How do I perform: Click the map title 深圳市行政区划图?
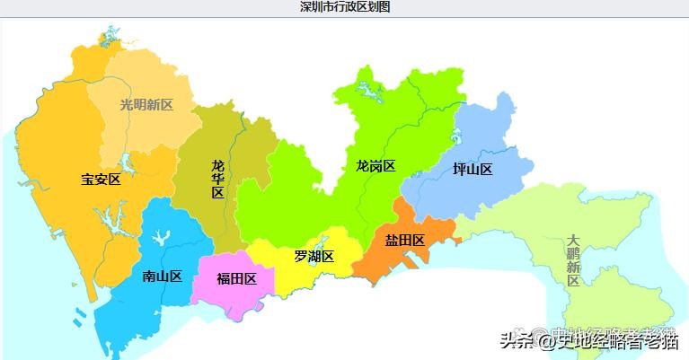click(x=345, y=6)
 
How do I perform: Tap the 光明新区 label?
click(x=146, y=104)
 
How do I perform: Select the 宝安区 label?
click(x=101, y=179)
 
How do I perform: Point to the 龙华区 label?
click(x=218, y=179)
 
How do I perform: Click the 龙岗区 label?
click(x=375, y=165)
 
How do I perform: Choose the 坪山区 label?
click(x=473, y=170)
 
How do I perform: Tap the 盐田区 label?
click(x=405, y=240)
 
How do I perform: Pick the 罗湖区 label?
click(x=314, y=257)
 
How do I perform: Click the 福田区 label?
click(x=236, y=278)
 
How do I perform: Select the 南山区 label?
click(x=163, y=276)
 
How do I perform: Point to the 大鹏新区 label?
click(x=573, y=260)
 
